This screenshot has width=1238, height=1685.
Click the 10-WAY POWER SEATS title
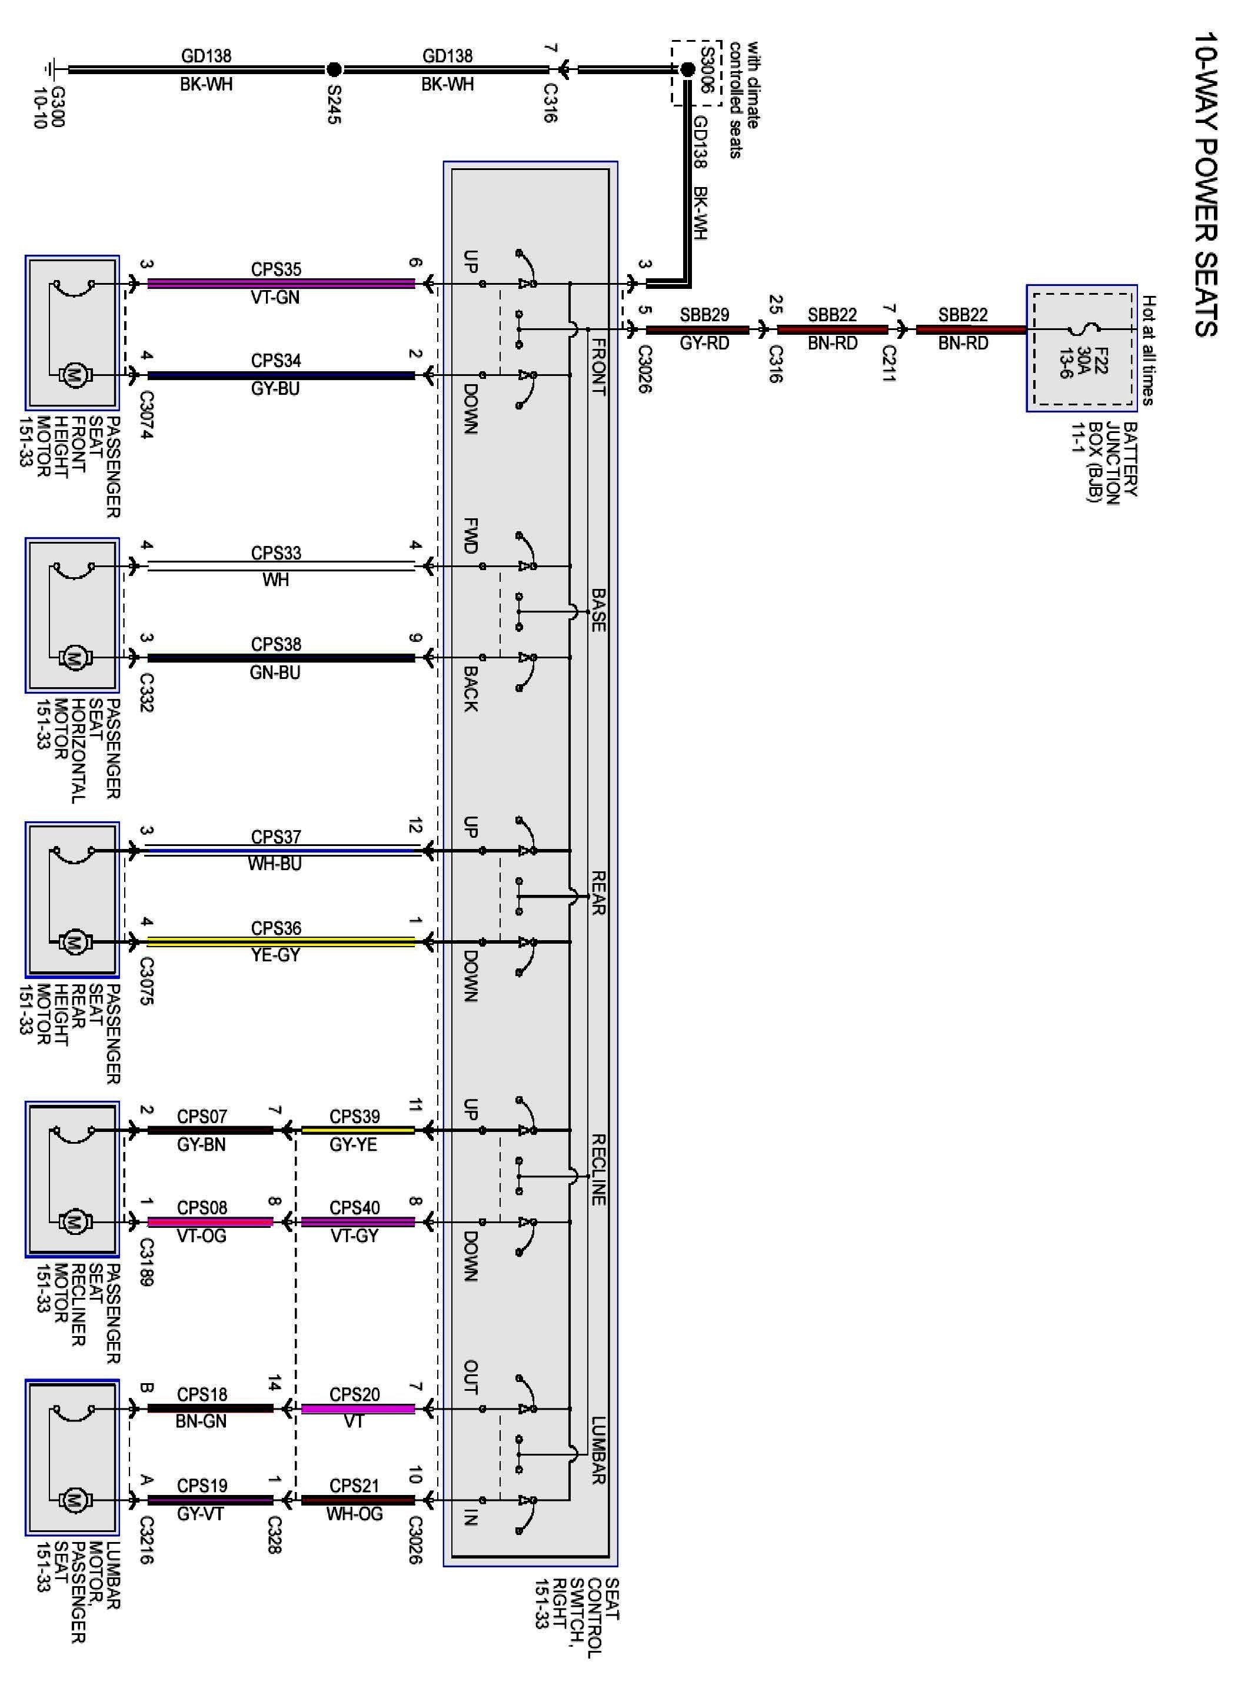point(1205,184)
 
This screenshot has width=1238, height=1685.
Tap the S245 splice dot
point(334,69)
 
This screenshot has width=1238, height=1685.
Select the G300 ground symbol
point(52,69)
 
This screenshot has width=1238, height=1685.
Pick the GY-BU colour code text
point(276,389)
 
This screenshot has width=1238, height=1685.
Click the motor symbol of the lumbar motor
point(74,1500)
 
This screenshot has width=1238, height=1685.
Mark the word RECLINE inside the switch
point(598,1170)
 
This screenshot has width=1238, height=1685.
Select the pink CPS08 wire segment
point(210,1222)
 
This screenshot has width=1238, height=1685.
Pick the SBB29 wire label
point(704,315)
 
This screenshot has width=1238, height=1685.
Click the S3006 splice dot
point(687,69)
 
